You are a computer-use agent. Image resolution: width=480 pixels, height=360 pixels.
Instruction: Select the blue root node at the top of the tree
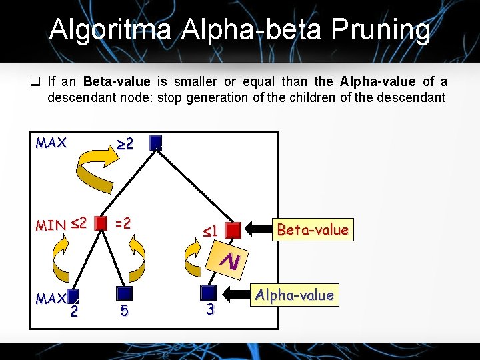pos(156,142)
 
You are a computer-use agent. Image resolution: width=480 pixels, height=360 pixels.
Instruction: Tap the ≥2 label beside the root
pos(125,143)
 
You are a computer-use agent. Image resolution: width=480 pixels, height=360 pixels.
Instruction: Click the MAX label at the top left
pos(51,143)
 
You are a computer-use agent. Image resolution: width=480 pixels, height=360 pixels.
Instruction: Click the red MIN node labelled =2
pos(101,223)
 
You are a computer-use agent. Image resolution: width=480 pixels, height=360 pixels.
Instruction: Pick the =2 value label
pos(123,223)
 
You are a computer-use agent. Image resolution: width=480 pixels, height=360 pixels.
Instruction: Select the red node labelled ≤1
pos(233,231)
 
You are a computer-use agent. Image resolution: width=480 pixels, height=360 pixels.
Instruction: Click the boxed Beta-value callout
pos(312,230)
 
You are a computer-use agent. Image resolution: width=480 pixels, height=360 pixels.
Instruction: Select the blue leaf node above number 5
pos(124,293)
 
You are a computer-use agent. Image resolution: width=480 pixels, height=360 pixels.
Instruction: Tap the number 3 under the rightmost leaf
pos(209,309)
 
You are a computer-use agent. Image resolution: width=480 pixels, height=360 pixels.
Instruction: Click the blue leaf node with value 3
pos(209,293)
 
